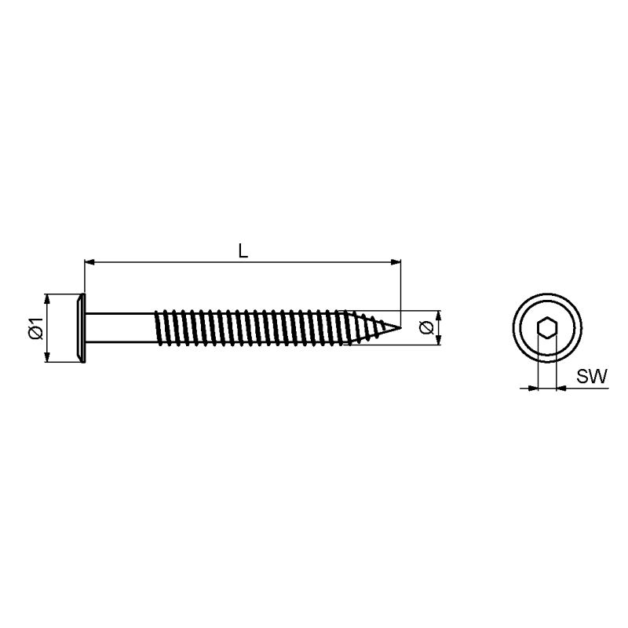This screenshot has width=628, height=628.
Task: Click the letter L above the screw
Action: [243, 251]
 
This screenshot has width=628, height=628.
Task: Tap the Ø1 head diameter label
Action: [36, 328]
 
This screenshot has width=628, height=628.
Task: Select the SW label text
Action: [592, 376]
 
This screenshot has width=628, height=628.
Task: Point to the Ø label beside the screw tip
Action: [426, 327]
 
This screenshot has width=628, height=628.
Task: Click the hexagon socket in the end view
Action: [546, 329]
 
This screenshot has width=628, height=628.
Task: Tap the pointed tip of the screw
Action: [400, 327]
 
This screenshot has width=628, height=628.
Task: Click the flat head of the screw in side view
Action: [81, 328]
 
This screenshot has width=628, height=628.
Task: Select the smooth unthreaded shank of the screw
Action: [120, 328]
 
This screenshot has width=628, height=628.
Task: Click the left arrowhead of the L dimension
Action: [89, 262]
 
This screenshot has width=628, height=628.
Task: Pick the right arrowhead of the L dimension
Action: [396, 262]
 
